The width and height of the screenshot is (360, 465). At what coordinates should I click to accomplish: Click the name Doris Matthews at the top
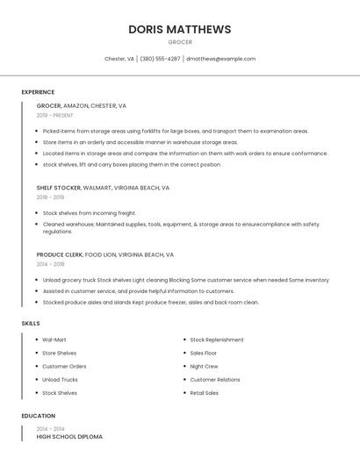click(180, 29)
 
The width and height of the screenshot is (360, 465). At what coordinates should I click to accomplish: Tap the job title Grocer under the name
click(180, 42)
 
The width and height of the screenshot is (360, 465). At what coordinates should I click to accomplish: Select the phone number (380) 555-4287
click(161, 59)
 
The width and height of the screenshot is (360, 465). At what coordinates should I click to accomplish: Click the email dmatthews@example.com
click(220, 59)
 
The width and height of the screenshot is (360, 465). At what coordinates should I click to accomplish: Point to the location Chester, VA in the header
click(119, 59)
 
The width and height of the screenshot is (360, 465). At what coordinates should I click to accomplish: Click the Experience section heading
click(38, 91)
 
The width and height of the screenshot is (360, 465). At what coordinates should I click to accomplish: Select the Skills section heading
click(31, 324)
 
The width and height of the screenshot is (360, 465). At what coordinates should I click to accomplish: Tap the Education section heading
click(39, 416)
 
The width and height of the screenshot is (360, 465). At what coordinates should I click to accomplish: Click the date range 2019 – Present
click(55, 115)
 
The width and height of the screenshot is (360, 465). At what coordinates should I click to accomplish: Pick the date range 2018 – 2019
click(50, 197)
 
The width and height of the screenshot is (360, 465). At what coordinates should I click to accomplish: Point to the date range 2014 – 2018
click(50, 264)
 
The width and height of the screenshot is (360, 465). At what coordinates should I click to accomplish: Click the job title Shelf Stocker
click(58, 188)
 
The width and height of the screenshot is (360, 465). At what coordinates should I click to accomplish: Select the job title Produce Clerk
click(60, 254)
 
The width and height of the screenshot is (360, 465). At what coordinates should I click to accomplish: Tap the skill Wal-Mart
click(54, 340)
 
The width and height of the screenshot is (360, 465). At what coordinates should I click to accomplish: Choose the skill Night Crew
click(204, 366)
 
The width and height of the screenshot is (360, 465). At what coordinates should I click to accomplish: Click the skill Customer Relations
click(215, 380)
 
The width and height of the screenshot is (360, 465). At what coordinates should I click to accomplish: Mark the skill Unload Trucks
click(60, 380)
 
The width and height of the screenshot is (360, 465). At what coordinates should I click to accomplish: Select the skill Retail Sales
click(205, 393)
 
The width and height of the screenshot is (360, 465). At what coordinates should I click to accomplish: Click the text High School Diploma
click(69, 436)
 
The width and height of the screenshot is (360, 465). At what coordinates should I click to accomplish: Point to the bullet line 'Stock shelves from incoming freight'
click(90, 212)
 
